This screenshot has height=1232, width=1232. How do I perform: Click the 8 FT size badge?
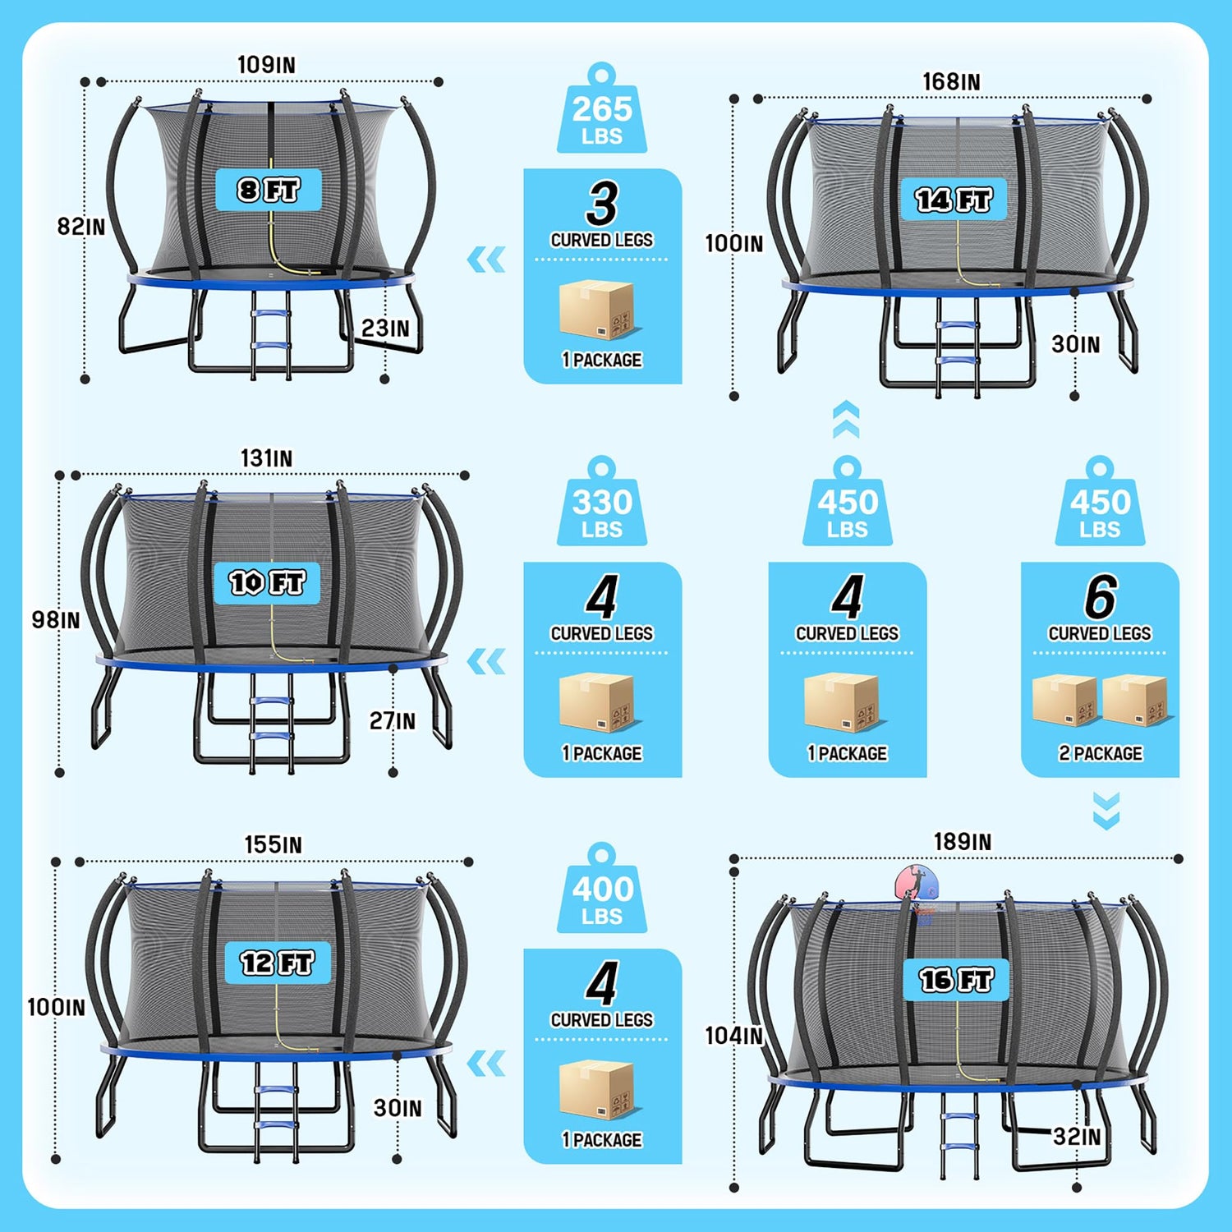point(268,190)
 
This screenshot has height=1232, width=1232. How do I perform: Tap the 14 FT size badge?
point(954,199)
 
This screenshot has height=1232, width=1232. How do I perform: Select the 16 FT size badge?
point(956,979)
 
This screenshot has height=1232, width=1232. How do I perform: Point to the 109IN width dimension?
point(266,65)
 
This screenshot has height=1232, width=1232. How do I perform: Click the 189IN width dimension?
point(962,842)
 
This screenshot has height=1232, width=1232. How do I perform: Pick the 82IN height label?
point(81,227)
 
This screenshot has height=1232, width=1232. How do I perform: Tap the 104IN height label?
point(734,1036)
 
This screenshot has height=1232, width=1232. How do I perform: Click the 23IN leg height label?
point(385,328)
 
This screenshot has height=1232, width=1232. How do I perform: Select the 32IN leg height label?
point(1077,1137)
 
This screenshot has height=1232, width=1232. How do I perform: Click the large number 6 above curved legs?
point(1101,597)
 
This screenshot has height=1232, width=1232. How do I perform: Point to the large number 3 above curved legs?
point(602,204)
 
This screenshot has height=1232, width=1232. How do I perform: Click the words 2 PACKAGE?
point(1101,753)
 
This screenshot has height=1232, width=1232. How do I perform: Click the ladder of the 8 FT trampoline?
point(270,335)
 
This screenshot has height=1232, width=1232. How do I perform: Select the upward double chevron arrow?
point(846,419)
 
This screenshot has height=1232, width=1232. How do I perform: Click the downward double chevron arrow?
point(1106,811)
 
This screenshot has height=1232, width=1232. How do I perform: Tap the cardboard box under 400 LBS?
point(598,1090)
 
